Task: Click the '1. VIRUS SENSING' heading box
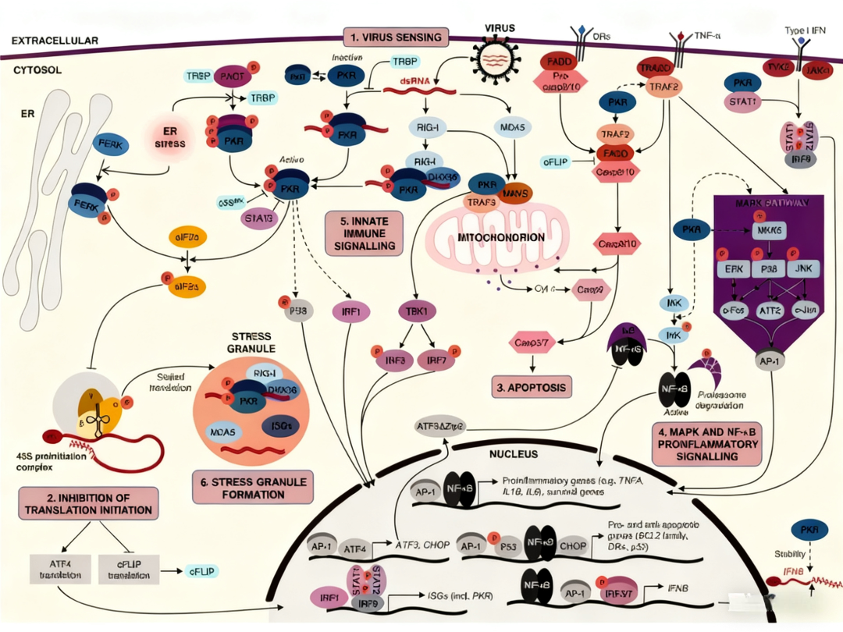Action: [397, 37]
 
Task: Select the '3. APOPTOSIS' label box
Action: [531, 386]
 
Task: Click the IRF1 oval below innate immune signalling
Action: [350, 311]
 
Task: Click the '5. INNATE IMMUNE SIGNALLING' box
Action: [365, 233]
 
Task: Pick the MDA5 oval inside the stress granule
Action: [224, 431]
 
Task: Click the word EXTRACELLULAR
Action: [55, 39]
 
